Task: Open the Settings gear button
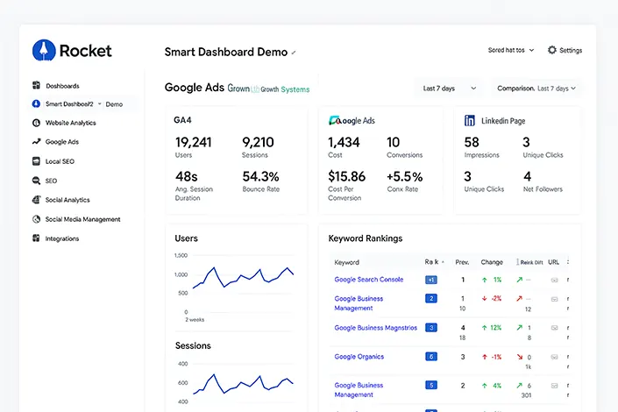552,51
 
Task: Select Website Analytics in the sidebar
70,123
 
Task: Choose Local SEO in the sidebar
60,161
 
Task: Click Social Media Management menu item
82,219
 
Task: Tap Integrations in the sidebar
61,238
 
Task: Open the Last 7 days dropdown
449,89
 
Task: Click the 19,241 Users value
193,142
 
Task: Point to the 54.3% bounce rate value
260,176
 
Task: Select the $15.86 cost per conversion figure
346,176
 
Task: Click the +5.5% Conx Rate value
404,176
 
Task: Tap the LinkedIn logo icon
470,120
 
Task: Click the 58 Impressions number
472,142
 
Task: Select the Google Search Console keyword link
368,280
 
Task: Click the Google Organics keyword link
359,357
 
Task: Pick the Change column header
492,262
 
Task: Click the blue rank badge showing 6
430,357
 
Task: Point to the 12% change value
495,327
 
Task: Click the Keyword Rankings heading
365,238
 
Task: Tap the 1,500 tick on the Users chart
181,256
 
